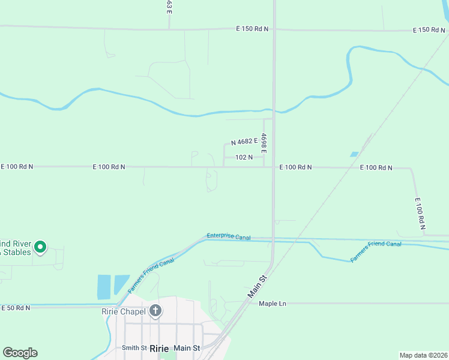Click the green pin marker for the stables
point(40,247)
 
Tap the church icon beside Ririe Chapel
point(155,311)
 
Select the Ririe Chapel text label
point(124,311)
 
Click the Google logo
point(20,353)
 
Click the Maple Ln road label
point(273,304)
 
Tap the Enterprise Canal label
point(228,237)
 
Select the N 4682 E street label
point(244,142)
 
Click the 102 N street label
point(244,157)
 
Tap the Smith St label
point(134,348)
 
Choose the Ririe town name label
point(158,348)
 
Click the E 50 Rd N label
point(16,308)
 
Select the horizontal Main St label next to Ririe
point(187,348)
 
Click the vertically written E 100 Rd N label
point(419,214)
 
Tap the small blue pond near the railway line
point(354,154)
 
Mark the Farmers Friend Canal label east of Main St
point(376,251)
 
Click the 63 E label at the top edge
point(170,7)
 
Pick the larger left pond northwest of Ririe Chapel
point(103,286)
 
